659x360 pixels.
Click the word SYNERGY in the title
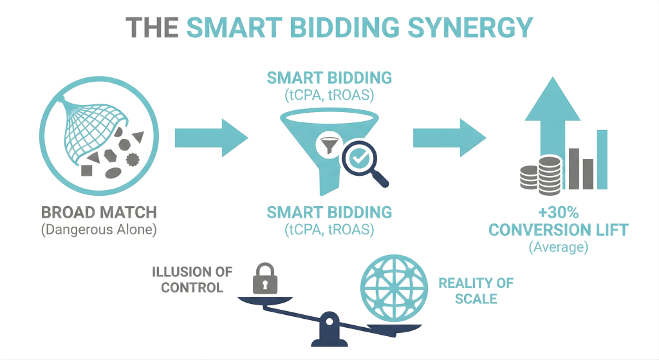click(476, 28)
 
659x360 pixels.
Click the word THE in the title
click(153, 28)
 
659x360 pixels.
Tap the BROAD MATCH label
click(99, 213)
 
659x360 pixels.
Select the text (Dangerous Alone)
click(99, 230)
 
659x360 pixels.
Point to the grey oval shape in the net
click(113, 172)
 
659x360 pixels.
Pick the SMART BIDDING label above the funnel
click(329, 79)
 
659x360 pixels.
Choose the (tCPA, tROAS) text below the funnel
click(329, 229)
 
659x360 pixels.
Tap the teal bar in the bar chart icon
click(602, 159)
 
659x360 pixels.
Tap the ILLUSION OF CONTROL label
click(192, 279)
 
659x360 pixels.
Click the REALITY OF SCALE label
click(476, 290)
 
